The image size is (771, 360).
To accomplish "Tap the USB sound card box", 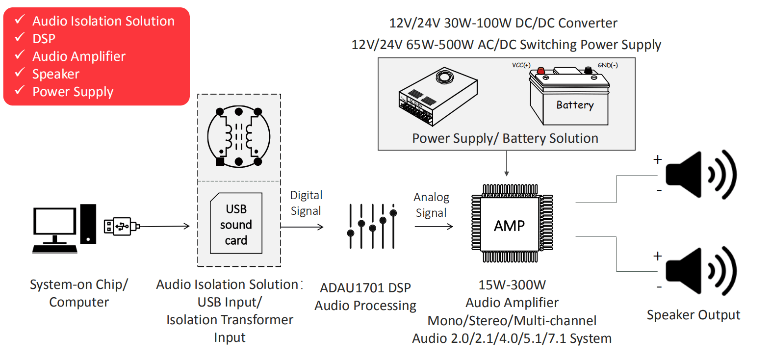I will click(x=236, y=224).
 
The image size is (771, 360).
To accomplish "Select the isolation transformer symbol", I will click(x=239, y=137).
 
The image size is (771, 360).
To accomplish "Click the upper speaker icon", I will click(x=700, y=175).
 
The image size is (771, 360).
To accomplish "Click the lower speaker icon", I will click(x=700, y=271).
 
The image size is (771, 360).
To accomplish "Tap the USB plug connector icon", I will click(x=121, y=226).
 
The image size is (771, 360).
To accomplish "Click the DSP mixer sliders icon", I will click(x=372, y=226).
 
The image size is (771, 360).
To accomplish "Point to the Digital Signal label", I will click(x=306, y=203).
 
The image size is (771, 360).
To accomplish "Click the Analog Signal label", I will click(x=431, y=205).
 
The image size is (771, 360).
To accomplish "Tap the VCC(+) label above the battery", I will click(x=521, y=65).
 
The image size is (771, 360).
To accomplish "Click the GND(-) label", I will click(x=608, y=65).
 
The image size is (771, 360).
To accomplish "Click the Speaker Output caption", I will click(x=693, y=315).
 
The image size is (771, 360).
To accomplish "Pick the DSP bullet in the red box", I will click(x=44, y=39).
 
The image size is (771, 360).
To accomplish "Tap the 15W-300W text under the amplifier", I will click(x=512, y=285).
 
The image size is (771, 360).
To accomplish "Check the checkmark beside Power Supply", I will click(x=20, y=90).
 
